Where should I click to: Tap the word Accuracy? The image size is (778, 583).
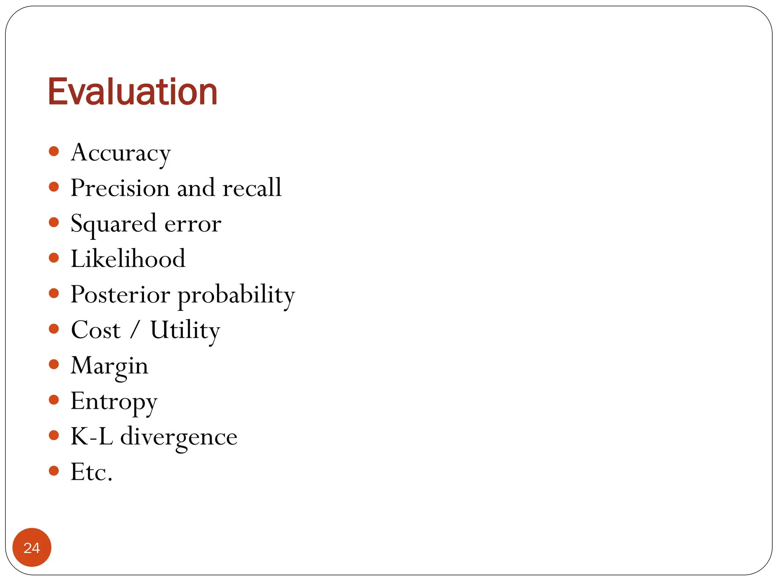pyautogui.click(x=121, y=153)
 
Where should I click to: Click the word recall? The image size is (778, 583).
pyautogui.click(x=252, y=188)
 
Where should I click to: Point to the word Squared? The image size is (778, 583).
pyautogui.click(x=114, y=224)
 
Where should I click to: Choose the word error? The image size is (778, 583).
pyautogui.click(x=193, y=224)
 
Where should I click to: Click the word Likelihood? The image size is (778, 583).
pyautogui.click(x=128, y=259)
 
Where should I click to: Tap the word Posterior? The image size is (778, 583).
pyautogui.click(x=120, y=295)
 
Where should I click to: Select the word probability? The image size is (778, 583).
pyautogui.click(x=236, y=295)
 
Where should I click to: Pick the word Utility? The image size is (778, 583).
pyautogui.click(x=185, y=330)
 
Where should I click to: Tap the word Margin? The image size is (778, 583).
pyautogui.click(x=109, y=366)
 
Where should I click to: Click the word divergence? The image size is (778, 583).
pyautogui.click(x=179, y=437)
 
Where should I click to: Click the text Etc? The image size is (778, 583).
pyautogui.click(x=92, y=472)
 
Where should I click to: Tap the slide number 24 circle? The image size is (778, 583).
pyautogui.click(x=32, y=547)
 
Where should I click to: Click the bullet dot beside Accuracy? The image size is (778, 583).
pyautogui.click(x=54, y=151)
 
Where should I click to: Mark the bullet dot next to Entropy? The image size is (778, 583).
pyautogui.click(x=54, y=400)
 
